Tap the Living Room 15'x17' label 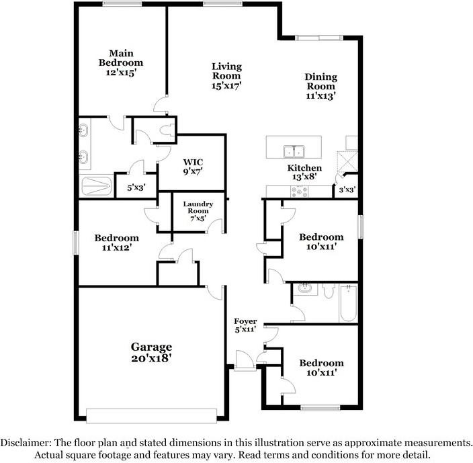tap(226, 76)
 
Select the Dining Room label tap(321, 86)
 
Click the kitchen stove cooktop tap(298, 192)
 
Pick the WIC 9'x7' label tap(193, 167)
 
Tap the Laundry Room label tap(198, 211)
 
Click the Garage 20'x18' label tap(151, 353)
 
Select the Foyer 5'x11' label tap(245, 326)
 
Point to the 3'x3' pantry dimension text tap(347, 190)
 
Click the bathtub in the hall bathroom tap(349, 303)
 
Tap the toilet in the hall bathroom tap(329, 291)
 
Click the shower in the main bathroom tap(97, 185)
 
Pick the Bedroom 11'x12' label tap(116, 243)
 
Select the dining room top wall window tap(320, 37)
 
